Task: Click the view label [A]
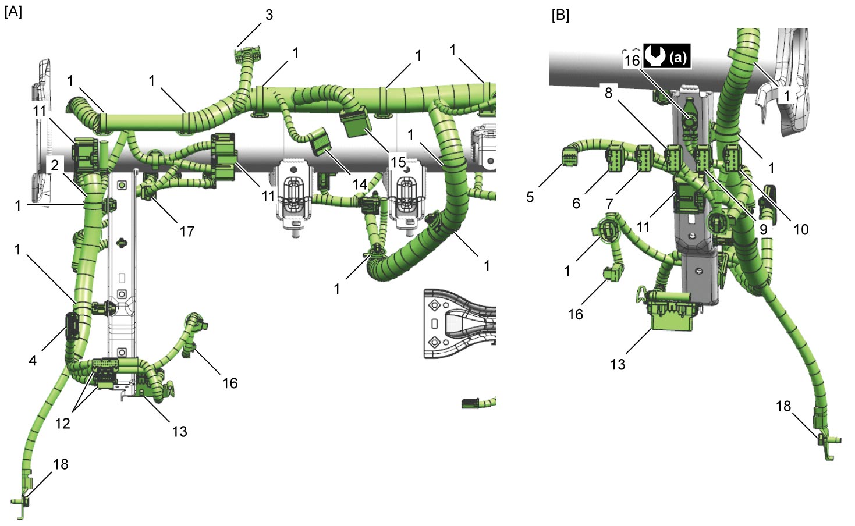tap(13, 12)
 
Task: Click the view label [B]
tap(560, 16)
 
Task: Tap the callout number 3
tap(269, 15)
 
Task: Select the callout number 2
tap(55, 165)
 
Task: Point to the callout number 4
tap(33, 360)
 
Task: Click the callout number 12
tap(63, 423)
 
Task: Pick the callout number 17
tap(187, 231)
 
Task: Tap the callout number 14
tap(359, 184)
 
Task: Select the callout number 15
tap(398, 162)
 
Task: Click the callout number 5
tap(530, 197)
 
